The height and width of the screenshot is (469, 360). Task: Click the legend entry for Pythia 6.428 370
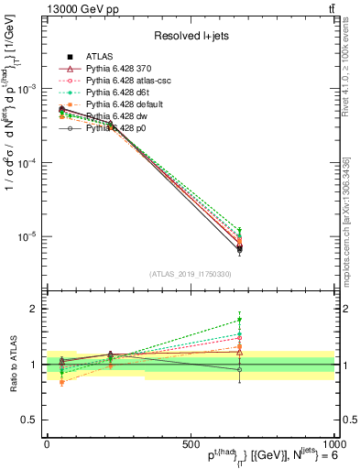tap(119, 69)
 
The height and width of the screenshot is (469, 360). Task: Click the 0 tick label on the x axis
tap(47, 443)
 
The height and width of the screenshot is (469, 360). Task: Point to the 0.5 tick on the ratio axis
tap(30, 420)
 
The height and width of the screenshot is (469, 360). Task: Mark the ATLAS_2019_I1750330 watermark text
tap(190, 274)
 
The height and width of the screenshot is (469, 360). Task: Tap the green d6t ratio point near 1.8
tap(239, 320)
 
